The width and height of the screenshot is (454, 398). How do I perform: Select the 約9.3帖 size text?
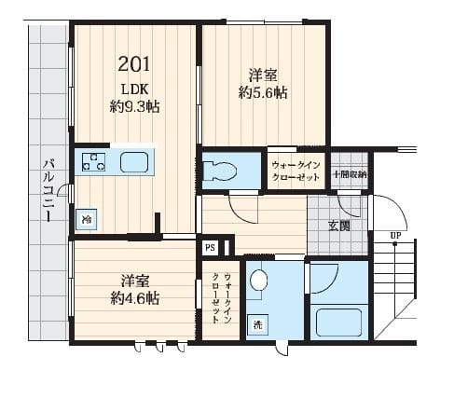click(134, 106)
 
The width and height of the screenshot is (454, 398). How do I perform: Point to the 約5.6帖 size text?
click(262, 92)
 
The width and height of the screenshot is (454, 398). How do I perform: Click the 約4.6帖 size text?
click(135, 298)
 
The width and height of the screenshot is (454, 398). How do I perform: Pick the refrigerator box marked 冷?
click(86, 220)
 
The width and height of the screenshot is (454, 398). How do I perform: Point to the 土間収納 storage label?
click(351, 174)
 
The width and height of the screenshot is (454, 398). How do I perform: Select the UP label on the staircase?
click(395, 235)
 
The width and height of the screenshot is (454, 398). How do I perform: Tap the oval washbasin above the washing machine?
click(259, 280)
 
